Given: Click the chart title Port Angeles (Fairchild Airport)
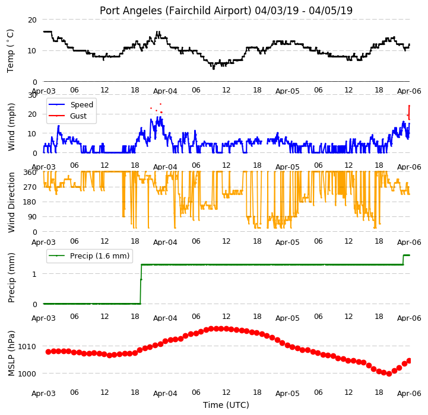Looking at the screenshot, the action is pos(175,11).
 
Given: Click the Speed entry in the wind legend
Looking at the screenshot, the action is pos(81,105).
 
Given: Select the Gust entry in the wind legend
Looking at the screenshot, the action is pos(78,116).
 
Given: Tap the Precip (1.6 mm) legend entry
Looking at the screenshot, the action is pos(100,256).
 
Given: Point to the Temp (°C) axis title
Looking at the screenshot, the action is pos(10,51).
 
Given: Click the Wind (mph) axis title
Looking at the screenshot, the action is pos(11,127).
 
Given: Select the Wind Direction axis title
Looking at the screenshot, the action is pos(11,202).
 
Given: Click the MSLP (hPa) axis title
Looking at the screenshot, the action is pos(11,353).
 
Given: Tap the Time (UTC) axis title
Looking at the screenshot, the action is pos(226,405).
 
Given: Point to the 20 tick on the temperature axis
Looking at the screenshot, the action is pos(32,20).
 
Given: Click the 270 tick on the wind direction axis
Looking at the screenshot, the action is pos(30,187).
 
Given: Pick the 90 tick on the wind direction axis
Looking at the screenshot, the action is pos(32,217).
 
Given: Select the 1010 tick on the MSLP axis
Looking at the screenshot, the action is pos(27,347).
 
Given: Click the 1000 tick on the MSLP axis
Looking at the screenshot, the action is pos(27,373).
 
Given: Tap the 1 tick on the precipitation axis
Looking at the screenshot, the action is pos(34,274).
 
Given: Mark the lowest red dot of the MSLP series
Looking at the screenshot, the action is pos(389,374).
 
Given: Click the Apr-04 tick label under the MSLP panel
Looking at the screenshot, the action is pos(165,394).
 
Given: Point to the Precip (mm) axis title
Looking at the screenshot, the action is pos(11,277).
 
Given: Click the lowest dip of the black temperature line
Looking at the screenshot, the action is pos(214,68).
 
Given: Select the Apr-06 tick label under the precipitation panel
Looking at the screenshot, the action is pos(409,318).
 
